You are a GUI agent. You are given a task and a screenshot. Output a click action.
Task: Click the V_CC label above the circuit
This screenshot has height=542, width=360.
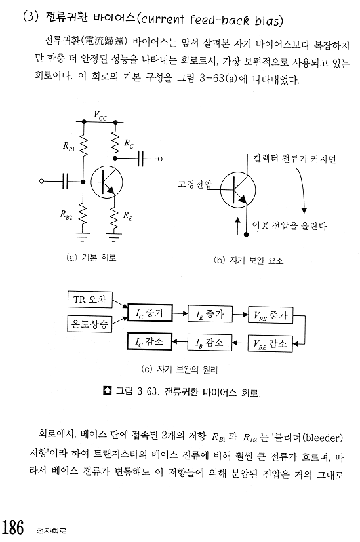coord(100,116)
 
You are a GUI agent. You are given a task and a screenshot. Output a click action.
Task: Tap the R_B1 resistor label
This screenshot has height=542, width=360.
coord(68,147)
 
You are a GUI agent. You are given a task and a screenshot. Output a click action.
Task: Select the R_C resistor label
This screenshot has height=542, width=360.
coord(129,144)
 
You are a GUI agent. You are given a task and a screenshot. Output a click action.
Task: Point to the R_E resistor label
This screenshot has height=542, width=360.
coord(128,216)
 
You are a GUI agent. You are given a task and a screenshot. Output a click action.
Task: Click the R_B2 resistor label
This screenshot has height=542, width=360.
coord(66,215)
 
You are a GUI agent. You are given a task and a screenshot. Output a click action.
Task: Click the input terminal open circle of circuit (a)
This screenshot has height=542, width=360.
coord(42,181)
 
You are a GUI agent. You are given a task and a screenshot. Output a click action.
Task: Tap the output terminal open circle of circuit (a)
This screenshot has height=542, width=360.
coord(160,159)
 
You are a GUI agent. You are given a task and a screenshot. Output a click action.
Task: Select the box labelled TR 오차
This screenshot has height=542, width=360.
coord(90,300)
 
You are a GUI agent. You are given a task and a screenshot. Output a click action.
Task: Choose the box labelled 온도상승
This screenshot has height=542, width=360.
coord(90,324)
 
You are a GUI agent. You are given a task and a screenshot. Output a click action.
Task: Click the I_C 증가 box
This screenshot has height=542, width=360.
coord(150,313)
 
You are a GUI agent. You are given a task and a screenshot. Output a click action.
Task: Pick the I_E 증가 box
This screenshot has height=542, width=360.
coord(210,314)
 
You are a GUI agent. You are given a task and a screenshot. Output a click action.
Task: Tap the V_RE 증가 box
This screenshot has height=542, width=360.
coord(270,315)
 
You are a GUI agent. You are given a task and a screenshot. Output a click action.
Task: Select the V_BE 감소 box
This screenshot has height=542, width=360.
coord(270,343)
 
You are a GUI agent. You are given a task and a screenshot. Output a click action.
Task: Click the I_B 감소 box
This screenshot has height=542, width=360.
coord(210,342)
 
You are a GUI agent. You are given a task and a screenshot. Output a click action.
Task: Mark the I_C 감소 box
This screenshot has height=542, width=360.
coord(150,341)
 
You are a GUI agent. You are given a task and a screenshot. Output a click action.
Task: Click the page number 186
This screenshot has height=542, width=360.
coord(13,527)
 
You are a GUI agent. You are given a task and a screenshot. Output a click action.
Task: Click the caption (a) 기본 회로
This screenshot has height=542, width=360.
coord(91,258)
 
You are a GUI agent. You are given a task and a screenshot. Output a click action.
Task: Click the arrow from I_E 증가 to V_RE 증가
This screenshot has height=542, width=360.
coord(240,315)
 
